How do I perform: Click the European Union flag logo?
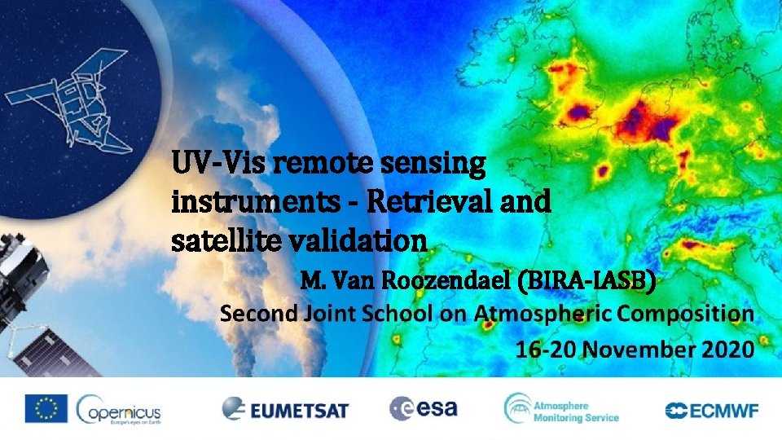(46, 408)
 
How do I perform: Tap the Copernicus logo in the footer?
(119, 408)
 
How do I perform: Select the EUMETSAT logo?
(285, 408)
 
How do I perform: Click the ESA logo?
(424, 407)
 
